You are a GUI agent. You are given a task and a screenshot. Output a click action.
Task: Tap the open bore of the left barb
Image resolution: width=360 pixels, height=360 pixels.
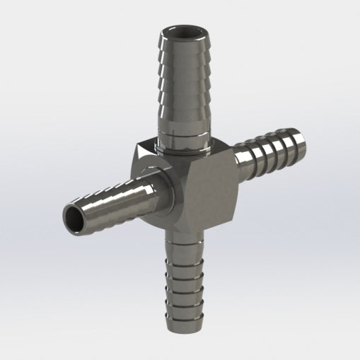pos(74,217)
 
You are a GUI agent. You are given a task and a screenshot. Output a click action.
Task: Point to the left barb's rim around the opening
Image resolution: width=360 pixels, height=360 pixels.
pos(64,212)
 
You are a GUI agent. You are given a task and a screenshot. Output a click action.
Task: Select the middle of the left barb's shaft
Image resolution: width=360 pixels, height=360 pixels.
pos(113,205)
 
